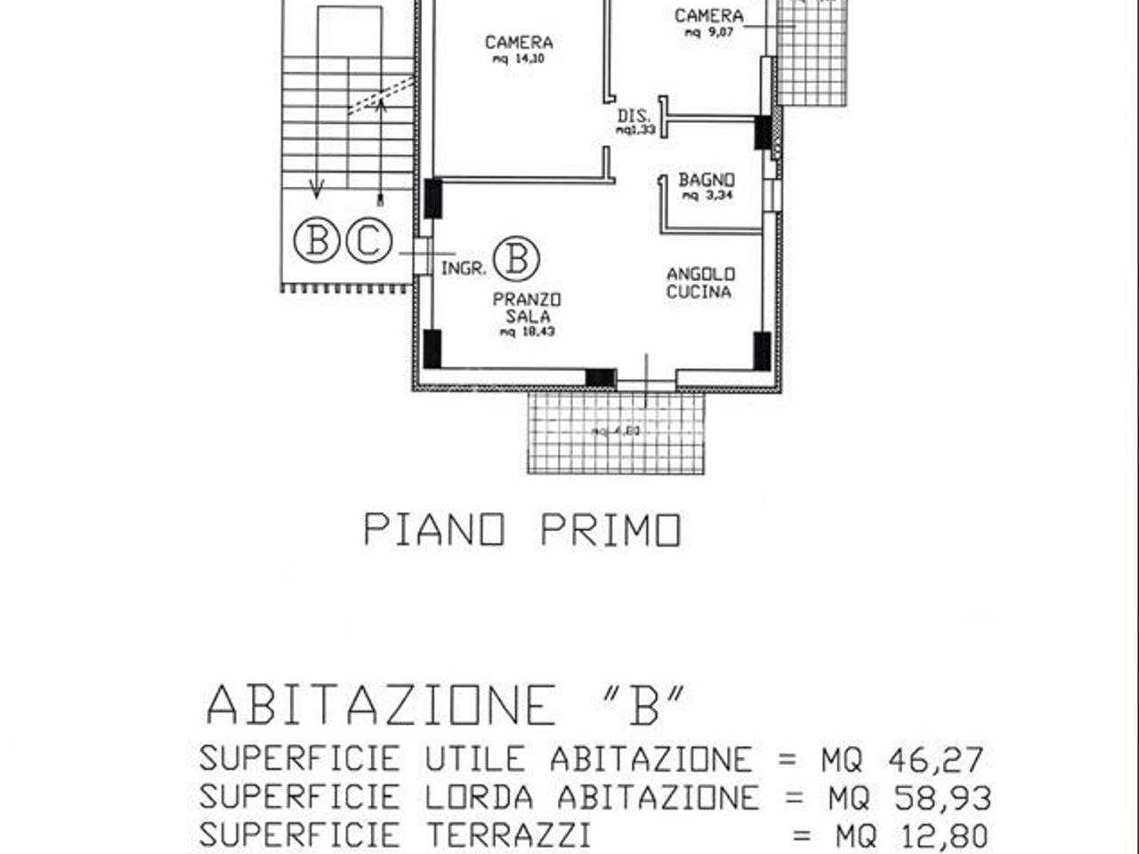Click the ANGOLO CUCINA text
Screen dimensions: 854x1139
coord(700,283)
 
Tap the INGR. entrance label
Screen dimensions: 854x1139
coord(464,267)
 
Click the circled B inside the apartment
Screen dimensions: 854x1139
coord(517,258)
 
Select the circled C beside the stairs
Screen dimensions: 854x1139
coord(368,240)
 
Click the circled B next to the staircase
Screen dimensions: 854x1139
coord(317,240)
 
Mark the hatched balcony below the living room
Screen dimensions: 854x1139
coord(616,433)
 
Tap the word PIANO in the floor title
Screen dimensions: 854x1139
coord(434,530)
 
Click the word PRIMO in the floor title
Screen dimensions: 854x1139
coord(610,530)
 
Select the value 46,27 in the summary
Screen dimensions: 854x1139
coord(936,760)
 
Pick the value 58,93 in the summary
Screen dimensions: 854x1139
coord(942,798)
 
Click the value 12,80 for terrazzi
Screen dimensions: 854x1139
coord(942,835)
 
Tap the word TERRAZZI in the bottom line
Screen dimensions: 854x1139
coord(508,835)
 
